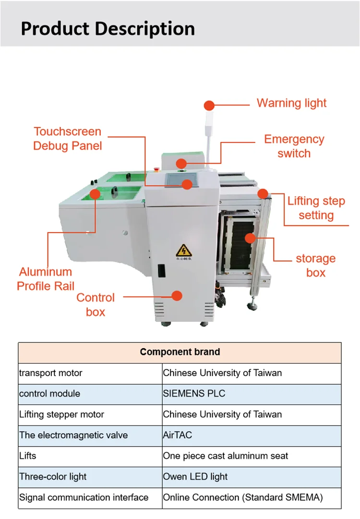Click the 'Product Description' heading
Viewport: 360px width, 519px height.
click(108, 28)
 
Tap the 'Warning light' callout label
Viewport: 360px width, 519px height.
click(291, 103)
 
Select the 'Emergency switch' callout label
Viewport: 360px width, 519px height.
click(294, 146)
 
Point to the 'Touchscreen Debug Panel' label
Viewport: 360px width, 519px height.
click(68, 139)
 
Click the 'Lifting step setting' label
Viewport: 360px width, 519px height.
click(316, 208)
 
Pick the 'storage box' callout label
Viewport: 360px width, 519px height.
click(315, 266)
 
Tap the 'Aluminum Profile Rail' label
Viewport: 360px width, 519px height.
click(46, 279)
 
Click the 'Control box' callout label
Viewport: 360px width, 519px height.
click(96, 305)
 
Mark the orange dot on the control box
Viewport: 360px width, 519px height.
click(177, 295)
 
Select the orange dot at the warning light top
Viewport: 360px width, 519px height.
click(209, 106)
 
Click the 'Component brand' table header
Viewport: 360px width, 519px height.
click(180, 352)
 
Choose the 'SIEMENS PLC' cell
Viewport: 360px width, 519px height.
click(194, 394)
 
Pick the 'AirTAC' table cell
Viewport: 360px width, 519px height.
click(177, 435)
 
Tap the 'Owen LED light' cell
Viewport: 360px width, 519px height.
click(195, 477)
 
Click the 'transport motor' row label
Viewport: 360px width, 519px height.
click(51, 373)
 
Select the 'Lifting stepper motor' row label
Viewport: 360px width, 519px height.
click(61, 414)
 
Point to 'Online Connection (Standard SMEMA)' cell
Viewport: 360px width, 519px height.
click(243, 497)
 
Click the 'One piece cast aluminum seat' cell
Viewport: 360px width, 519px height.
click(226, 456)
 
